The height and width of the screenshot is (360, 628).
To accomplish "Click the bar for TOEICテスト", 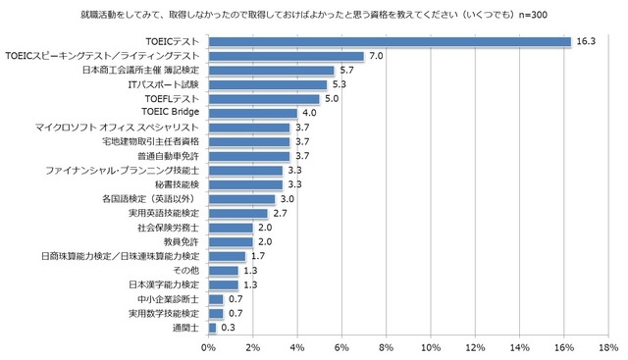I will tap(390, 42).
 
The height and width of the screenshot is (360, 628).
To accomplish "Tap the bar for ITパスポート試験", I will tap(267, 85).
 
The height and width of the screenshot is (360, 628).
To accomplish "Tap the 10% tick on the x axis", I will tap(431, 346).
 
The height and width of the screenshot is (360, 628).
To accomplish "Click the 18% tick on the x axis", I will tap(608, 346).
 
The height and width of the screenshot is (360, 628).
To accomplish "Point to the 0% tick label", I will tap(209, 346).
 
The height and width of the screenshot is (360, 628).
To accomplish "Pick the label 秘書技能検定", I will tap(177, 184).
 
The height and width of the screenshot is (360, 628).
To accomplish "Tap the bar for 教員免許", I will tap(231, 241).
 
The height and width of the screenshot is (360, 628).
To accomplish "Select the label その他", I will tap(186, 270).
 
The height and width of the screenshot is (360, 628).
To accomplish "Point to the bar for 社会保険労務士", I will tap(231, 227).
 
